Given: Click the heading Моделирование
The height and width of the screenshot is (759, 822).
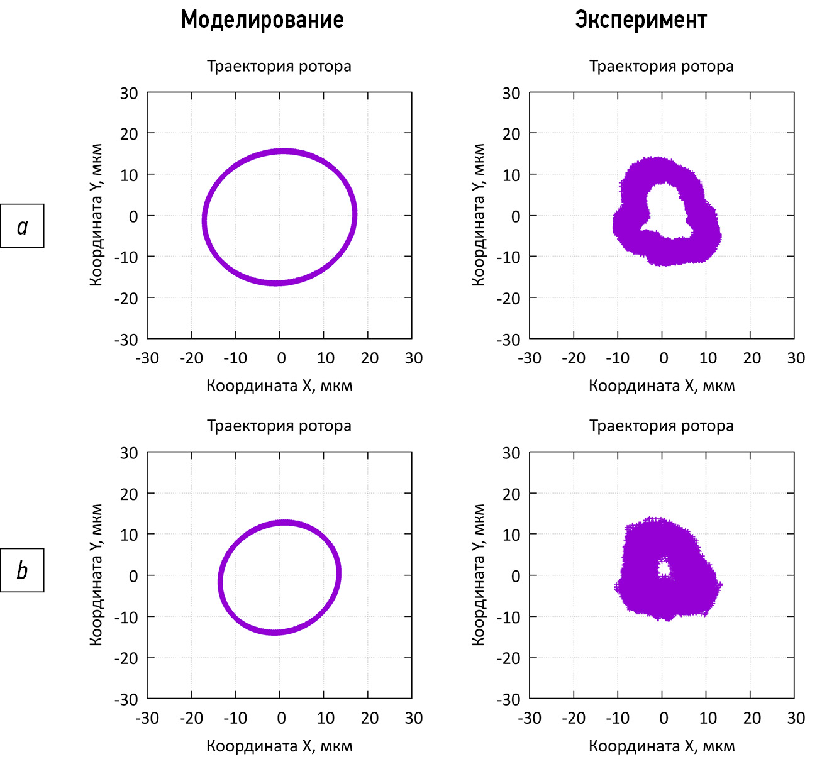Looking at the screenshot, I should pyautogui.click(x=262, y=20).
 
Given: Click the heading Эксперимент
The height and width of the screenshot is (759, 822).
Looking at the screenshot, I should pyautogui.click(x=641, y=20).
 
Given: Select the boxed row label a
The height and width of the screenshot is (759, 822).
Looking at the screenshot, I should pyautogui.click(x=23, y=226).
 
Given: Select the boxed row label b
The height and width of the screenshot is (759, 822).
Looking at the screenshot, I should pyautogui.click(x=23, y=570).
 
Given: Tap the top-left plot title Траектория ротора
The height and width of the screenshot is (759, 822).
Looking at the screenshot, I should pyautogui.click(x=279, y=66).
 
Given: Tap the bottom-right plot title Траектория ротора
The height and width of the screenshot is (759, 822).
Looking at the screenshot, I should pyautogui.click(x=661, y=426).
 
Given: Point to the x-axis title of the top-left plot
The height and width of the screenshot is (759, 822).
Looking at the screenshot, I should pyautogui.click(x=279, y=385).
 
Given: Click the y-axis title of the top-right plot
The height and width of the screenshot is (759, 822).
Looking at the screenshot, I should pyautogui.click(x=479, y=215).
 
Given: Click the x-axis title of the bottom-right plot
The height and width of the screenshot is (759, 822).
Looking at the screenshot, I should pyautogui.click(x=662, y=746).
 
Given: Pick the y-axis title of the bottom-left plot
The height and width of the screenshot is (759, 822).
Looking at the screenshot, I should pyautogui.click(x=96, y=575).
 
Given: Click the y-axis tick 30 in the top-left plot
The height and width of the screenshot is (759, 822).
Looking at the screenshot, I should pyautogui.click(x=129, y=94).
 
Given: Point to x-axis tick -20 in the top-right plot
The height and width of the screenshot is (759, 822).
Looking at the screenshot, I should pyautogui.click(x=573, y=358).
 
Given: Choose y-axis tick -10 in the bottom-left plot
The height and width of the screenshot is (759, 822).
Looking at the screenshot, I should pyautogui.click(x=126, y=617).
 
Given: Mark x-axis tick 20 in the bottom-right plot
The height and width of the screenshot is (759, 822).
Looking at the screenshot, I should pyautogui.click(x=752, y=718).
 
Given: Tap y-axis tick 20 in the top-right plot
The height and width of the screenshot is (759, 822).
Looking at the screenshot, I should pyautogui.click(x=511, y=134).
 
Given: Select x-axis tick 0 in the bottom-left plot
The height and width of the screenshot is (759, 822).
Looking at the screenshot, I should pyautogui.click(x=281, y=718).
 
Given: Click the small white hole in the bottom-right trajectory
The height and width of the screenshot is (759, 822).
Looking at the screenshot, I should pyautogui.click(x=664, y=569).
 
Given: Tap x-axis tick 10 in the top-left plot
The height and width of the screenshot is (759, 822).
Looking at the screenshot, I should pyautogui.click(x=325, y=358).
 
